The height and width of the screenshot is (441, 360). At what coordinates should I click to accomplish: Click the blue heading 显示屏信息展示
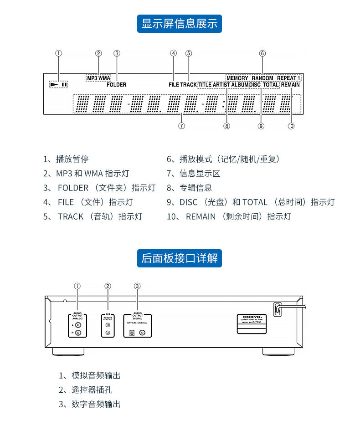click(x=180, y=24)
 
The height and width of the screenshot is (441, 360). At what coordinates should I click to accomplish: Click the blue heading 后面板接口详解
click(x=180, y=258)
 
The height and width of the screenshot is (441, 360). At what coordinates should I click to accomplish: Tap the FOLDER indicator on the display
click(x=117, y=85)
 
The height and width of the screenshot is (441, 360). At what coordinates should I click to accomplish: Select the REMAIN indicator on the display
click(x=290, y=85)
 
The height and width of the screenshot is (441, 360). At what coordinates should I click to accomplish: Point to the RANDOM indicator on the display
click(x=262, y=78)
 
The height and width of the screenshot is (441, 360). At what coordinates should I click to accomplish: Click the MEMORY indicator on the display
click(x=237, y=78)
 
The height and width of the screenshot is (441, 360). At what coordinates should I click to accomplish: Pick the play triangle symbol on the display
click(x=55, y=84)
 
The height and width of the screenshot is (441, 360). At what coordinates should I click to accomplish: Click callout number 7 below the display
click(x=181, y=126)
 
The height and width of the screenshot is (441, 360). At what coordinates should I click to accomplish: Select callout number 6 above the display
click(x=262, y=53)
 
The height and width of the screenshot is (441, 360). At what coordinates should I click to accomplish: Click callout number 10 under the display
click(x=291, y=126)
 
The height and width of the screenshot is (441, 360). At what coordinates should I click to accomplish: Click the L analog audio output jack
click(x=79, y=325)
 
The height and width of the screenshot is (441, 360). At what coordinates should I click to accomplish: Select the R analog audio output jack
click(x=79, y=333)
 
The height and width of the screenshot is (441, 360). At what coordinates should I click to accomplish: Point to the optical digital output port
click(x=131, y=333)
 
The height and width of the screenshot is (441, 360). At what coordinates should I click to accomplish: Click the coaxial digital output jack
click(x=143, y=333)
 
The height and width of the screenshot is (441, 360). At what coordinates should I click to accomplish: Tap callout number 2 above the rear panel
click(x=108, y=286)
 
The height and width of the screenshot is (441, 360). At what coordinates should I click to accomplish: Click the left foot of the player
click(x=68, y=352)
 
